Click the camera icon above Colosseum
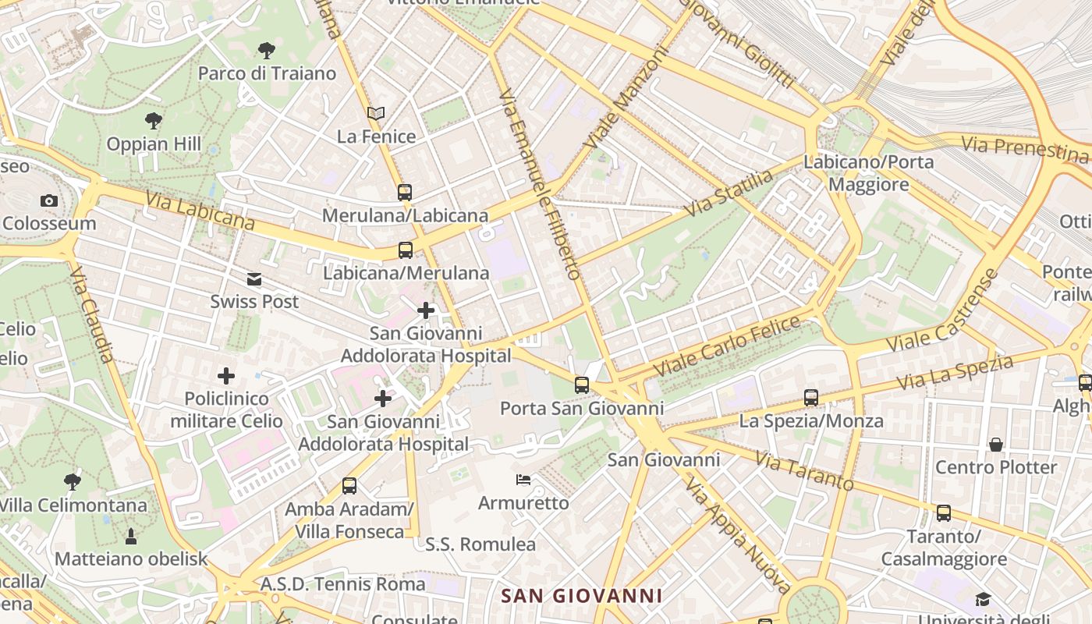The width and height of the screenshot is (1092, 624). [x=49, y=201]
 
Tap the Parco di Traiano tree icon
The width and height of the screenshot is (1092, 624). [x=267, y=51]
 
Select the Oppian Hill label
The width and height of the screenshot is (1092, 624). [x=154, y=144]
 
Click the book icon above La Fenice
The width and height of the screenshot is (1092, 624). [x=376, y=114]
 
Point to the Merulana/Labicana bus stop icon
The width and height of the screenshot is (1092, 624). [x=404, y=193]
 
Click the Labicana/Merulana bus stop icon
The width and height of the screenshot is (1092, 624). [x=406, y=250]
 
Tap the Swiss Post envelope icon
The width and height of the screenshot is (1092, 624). [x=254, y=279]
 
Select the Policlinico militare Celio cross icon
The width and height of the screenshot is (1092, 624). [x=226, y=376]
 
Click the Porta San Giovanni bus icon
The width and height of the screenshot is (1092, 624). [x=582, y=385]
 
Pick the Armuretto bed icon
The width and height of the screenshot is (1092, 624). [x=523, y=479]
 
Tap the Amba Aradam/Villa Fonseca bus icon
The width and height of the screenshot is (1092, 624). [x=349, y=486]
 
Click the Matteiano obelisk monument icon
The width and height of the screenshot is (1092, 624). [x=131, y=537]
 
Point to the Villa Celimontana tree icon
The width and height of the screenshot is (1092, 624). [x=73, y=482]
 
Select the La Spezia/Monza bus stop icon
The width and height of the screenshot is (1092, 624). [x=811, y=398]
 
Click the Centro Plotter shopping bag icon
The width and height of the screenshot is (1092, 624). [x=996, y=445]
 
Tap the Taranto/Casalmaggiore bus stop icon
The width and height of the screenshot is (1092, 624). [x=944, y=513]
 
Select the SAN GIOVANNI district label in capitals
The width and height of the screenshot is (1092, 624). [x=581, y=597]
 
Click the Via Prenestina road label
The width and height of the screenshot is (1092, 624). [x=1023, y=148]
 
